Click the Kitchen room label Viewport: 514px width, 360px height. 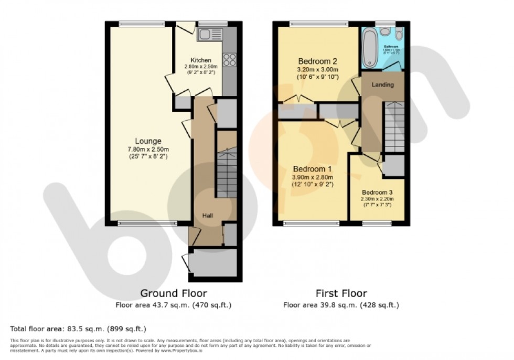(201, 60)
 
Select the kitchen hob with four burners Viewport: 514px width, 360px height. (230, 60)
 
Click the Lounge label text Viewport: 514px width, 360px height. (148, 141)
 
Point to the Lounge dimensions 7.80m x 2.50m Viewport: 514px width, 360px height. (148, 150)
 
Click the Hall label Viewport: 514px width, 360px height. (208, 216)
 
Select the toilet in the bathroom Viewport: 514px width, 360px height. (399, 35)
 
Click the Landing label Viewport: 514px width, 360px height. (382, 84)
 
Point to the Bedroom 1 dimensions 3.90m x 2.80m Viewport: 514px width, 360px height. (313, 177)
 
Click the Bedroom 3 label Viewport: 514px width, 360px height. (377, 192)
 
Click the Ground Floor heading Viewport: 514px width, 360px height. (173, 293)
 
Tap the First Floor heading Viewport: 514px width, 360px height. (341, 293)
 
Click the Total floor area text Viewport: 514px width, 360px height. (78, 329)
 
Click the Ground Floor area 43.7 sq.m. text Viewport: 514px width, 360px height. (173, 304)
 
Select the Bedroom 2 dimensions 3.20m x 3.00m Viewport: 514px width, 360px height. (318, 69)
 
